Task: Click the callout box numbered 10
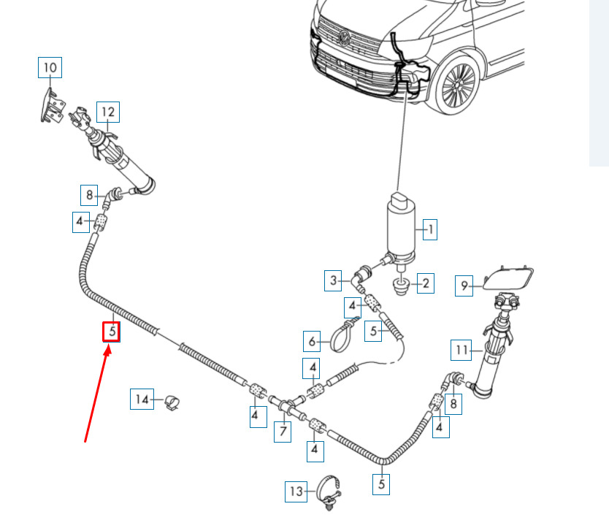coord(50,68)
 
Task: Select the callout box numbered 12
coord(108,112)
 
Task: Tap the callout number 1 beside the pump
coord(429,229)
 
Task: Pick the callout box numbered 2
coord(426,283)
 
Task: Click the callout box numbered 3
coord(333,280)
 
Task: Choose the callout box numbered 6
coord(312,341)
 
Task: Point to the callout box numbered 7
coord(283,432)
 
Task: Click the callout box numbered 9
coord(464,286)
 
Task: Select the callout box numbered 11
coord(461,351)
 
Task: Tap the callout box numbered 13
coord(296,492)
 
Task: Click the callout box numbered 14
coord(142,399)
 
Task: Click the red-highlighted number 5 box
coord(111,332)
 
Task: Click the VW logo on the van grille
coord(344,38)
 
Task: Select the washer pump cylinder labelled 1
coord(401,229)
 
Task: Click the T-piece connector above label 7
coord(288,406)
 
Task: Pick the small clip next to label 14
coord(172,402)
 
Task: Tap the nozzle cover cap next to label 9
coord(508,278)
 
